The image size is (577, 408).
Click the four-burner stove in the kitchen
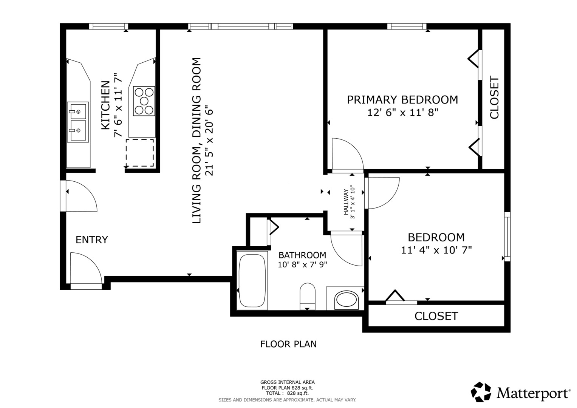point(144,101)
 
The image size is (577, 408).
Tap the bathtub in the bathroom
point(252,280)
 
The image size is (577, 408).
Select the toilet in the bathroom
point(308,297)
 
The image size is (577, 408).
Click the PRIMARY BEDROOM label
point(402,100)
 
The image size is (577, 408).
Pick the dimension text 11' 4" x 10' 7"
point(436,250)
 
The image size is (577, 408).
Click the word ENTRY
point(92,240)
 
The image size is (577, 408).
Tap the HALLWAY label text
point(346,202)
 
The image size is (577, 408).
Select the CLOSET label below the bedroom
point(436,316)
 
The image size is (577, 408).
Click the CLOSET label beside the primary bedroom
point(494,97)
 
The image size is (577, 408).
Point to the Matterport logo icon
point(481,392)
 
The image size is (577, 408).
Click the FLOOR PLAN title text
point(288,344)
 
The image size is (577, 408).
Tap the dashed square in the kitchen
point(140,153)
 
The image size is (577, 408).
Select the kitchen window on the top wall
point(108,26)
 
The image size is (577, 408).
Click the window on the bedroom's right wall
point(507,237)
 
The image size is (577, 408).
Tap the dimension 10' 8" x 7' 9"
point(302,264)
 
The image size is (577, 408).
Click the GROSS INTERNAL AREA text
point(288,382)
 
